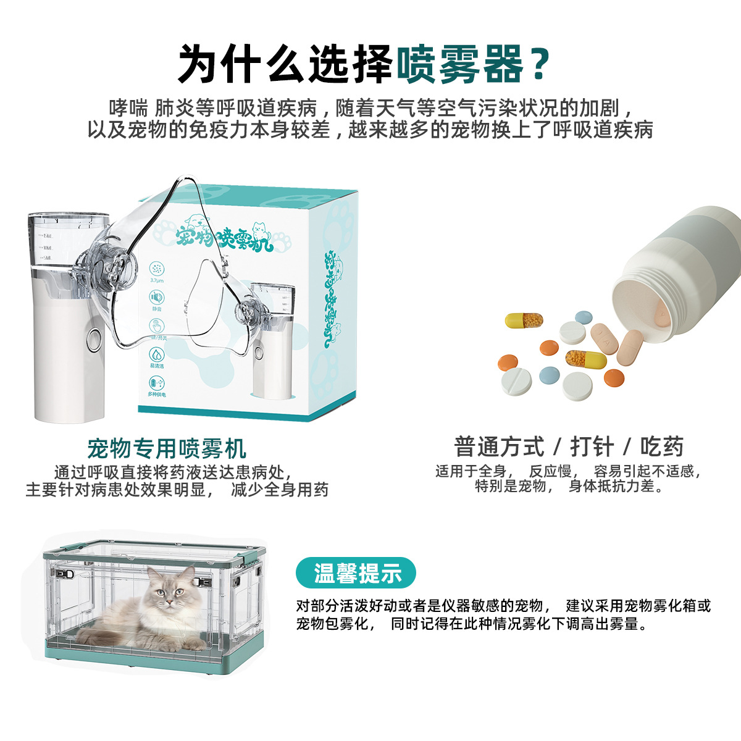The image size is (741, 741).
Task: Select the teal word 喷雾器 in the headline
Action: [459, 64]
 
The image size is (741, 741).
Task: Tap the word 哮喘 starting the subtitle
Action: [128, 108]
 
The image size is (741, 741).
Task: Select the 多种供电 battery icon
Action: [157, 383]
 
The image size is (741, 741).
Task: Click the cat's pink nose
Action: [167, 600]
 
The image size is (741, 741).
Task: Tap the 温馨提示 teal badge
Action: [356, 574]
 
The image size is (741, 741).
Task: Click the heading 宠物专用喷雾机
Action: [167, 448]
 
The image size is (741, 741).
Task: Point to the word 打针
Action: [592, 446]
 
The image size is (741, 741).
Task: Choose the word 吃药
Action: [661, 446]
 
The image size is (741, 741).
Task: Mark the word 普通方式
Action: [499, 446]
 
